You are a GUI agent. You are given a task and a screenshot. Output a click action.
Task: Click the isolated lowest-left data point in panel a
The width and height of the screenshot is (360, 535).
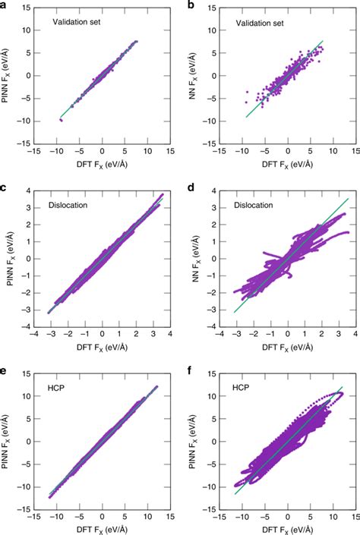[61, 119]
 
